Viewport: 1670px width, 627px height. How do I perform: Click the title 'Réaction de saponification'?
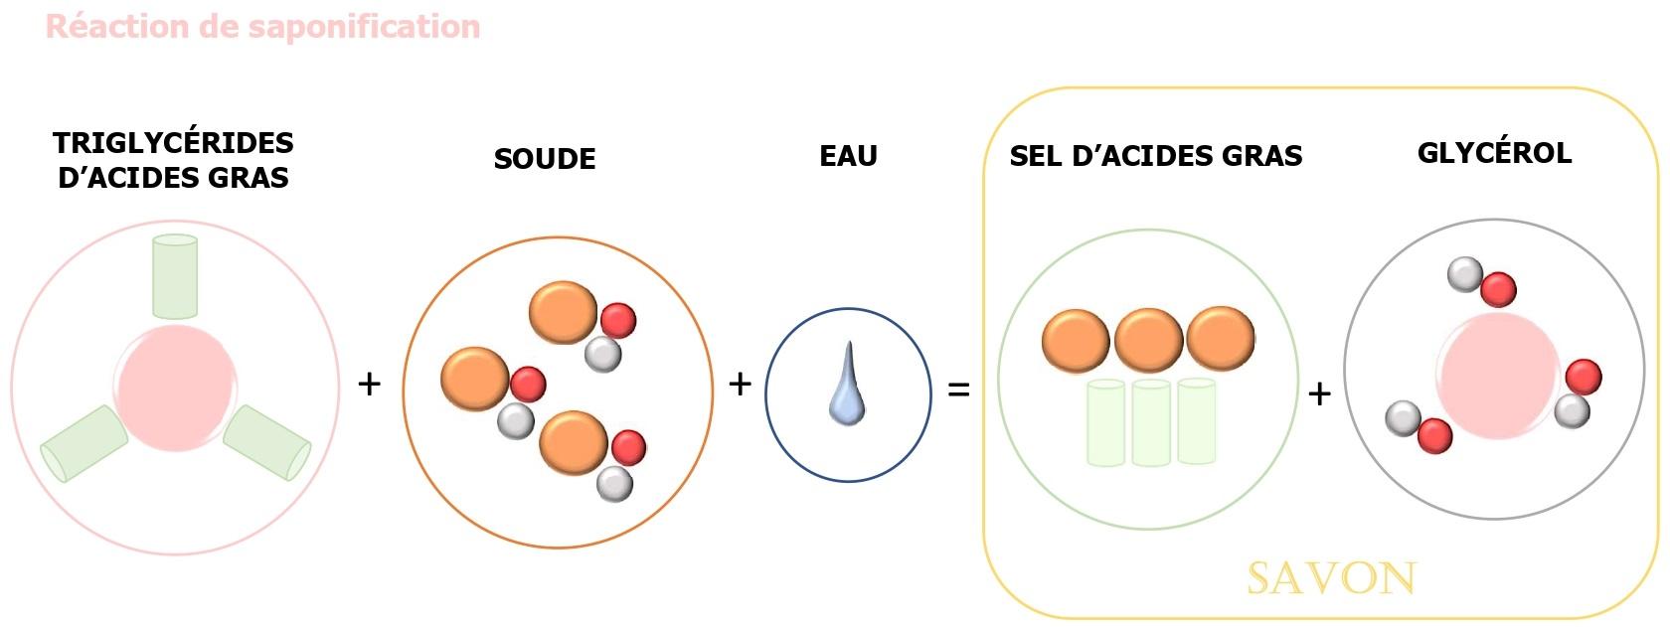tap(263, 26)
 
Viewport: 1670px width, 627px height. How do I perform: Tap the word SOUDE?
tap(545, 159)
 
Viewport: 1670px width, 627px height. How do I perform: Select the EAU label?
tap(848, 156)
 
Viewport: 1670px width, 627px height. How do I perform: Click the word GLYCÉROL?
tap(1494, 153)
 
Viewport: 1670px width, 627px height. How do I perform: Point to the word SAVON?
tap(1332, 578)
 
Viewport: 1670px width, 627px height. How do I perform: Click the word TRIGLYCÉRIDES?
tap(174, 143)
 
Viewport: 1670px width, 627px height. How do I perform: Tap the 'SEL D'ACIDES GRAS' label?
tap(1156, 156)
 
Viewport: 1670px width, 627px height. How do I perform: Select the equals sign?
tap(958, 391)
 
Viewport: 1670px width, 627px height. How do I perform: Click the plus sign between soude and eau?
tap(740, 384)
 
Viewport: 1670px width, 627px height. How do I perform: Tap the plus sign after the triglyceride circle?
tap(369, 384)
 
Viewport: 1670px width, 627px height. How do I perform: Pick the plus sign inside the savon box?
tap(1319, 394)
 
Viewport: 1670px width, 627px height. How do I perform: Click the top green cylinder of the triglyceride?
tap(175, 275)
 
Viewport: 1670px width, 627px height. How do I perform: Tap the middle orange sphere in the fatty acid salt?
tap(1149, 340)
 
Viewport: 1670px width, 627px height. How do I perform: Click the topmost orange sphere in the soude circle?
tap(563, 312)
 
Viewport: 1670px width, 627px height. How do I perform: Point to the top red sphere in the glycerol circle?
tap(1498, 290)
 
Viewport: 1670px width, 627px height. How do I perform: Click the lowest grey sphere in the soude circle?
tap(614, 484)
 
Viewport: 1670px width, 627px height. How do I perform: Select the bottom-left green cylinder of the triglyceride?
tap(83, 443)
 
